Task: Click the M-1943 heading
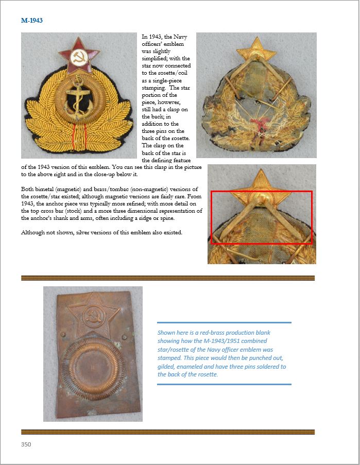tap(32, 21)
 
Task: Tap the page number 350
tap(26, 444)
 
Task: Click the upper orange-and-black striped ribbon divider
tap(167, 278)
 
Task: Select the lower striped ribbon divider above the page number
tap(167, 432)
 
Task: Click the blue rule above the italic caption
tap(224, 323)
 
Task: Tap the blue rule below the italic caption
tap(224, 384)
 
